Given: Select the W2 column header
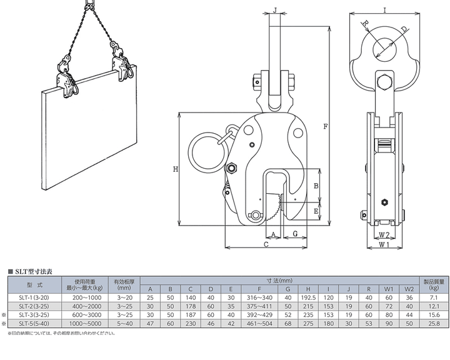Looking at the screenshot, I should pos(409,289).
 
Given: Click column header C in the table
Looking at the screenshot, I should pos(190,289).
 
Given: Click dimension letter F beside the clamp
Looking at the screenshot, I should pos(326,127).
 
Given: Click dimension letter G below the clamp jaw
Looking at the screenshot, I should pos(293,234).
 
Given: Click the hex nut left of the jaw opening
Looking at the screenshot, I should pos(231,168).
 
